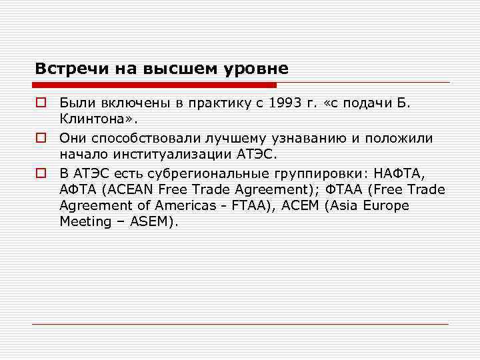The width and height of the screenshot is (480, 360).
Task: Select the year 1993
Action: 285,103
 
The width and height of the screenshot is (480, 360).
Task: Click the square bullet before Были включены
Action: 41,103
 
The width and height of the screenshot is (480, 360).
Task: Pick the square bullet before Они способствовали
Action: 41,138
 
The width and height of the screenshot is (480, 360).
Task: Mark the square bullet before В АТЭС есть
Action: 41,173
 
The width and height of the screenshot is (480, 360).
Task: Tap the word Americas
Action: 187,206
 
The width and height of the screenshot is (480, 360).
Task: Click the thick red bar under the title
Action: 153,85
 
